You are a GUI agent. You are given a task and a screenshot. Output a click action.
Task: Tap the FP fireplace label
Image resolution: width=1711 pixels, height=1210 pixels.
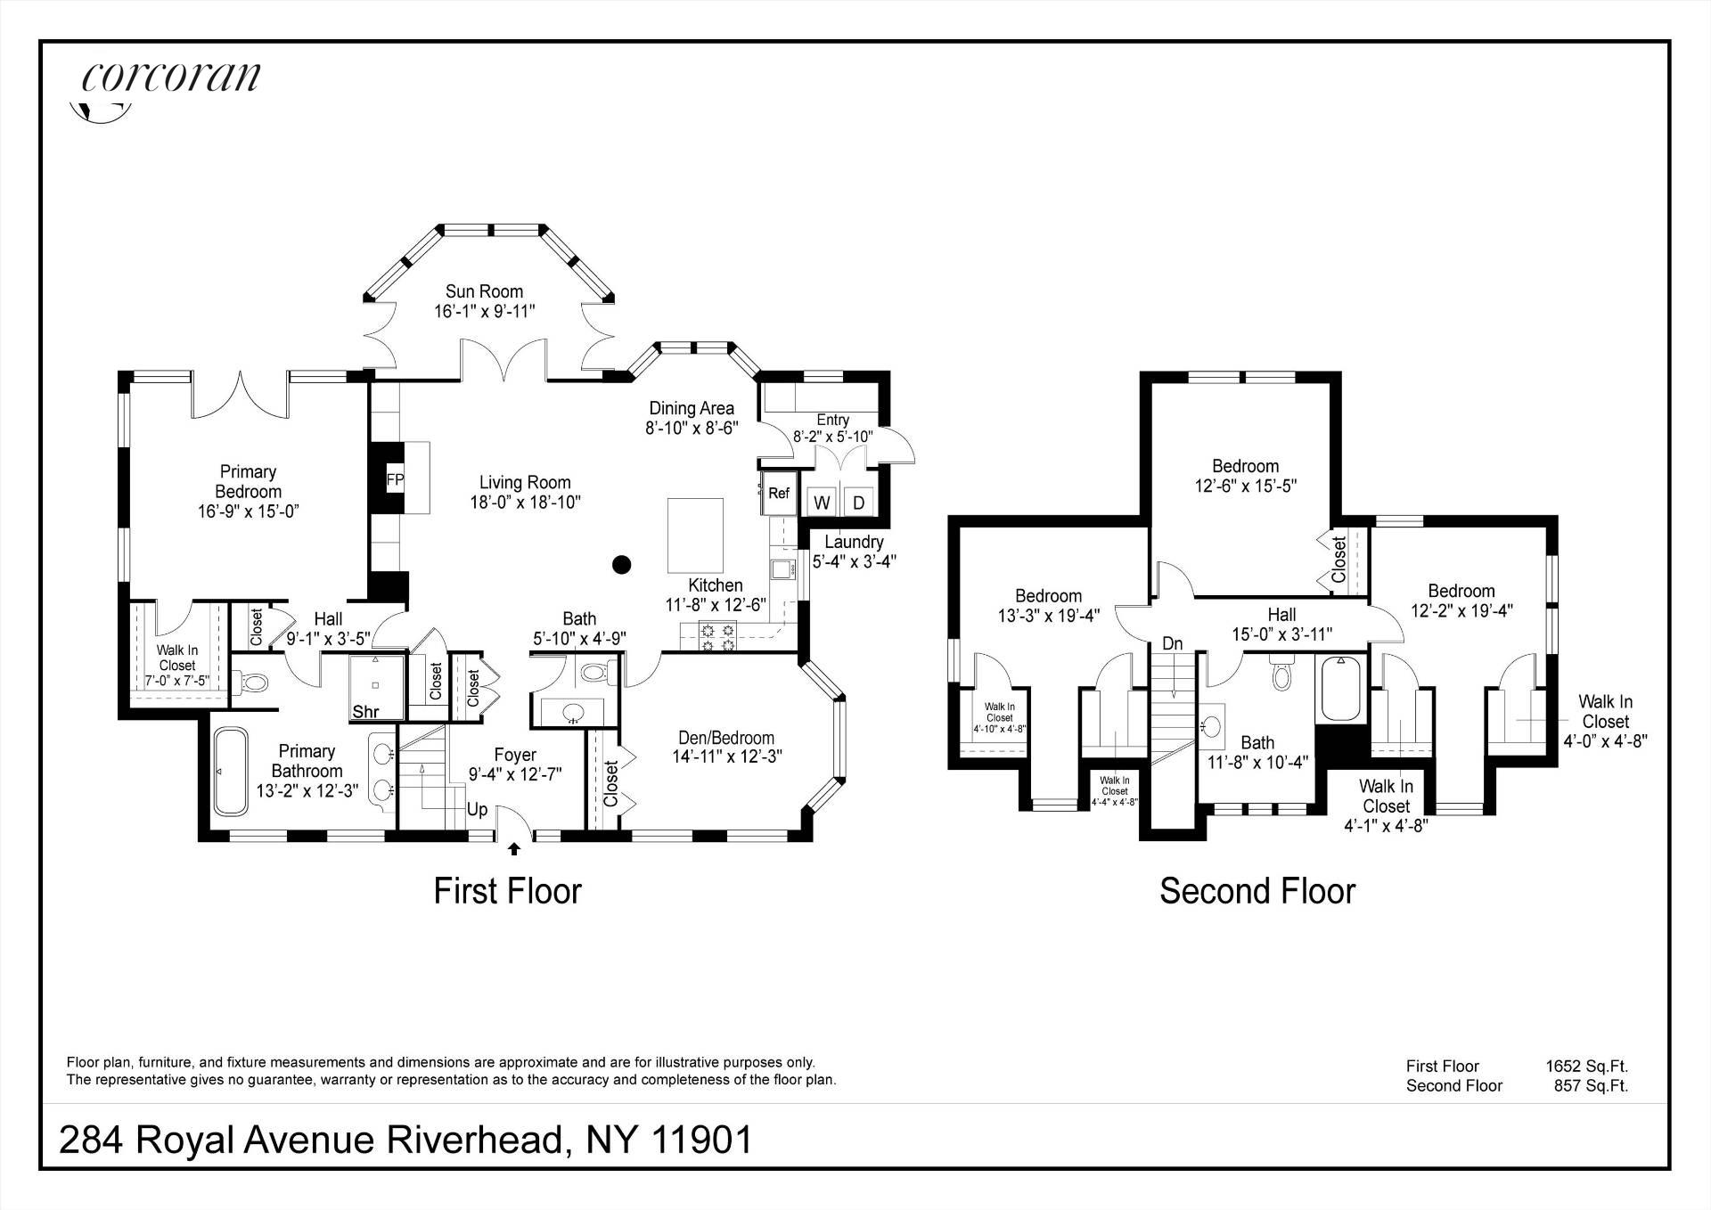pyautogui.click(x=395, y=480)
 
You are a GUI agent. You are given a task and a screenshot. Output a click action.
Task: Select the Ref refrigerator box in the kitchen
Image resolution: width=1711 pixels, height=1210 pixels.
pyautogui.click(x=778, y=494)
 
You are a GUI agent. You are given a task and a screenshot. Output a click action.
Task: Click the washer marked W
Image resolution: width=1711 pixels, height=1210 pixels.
pyautogui.click(x=822, y=503)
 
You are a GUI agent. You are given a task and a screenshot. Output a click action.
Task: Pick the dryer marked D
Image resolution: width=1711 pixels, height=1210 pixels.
pyautogui.click(x=859, y=503)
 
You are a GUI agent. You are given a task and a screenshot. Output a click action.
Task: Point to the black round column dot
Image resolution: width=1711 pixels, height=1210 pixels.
pyautogui.click(x=622, y=564)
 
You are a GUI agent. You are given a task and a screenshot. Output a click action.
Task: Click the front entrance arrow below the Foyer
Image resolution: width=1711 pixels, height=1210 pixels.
pyautogui.click(x=514, y=849)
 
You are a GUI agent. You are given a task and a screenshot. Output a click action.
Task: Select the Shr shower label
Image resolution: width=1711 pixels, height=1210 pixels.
pyautogui.click(x=366, y=712)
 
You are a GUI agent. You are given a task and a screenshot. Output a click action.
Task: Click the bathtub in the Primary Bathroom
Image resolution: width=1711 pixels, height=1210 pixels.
pyautogui.click(x=230, y=771)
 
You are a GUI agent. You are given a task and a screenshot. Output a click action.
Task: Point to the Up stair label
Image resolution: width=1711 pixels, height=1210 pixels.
pyautogui.click(x=478, y=811)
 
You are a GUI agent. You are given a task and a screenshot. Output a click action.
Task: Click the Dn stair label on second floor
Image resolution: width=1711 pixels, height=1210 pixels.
pyautogui.click(x=1173, y=643)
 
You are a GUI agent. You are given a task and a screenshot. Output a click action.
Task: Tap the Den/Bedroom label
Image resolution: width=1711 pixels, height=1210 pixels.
pyautogui.click(x=726, y=738)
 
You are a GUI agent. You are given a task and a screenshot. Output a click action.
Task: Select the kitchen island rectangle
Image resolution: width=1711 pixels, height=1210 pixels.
pyautogui.click(x=695, y=535)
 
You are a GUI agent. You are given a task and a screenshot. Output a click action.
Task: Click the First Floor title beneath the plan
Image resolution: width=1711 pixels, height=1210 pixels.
pyautogui.click(x=508, y=891)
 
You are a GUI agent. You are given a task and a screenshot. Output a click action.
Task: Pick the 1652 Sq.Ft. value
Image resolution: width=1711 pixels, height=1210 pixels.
pyautogui.click(x=1587, y=1066)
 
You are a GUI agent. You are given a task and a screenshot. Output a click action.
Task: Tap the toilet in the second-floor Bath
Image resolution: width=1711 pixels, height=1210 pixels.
pyautogui.click(x=1281, y=673)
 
